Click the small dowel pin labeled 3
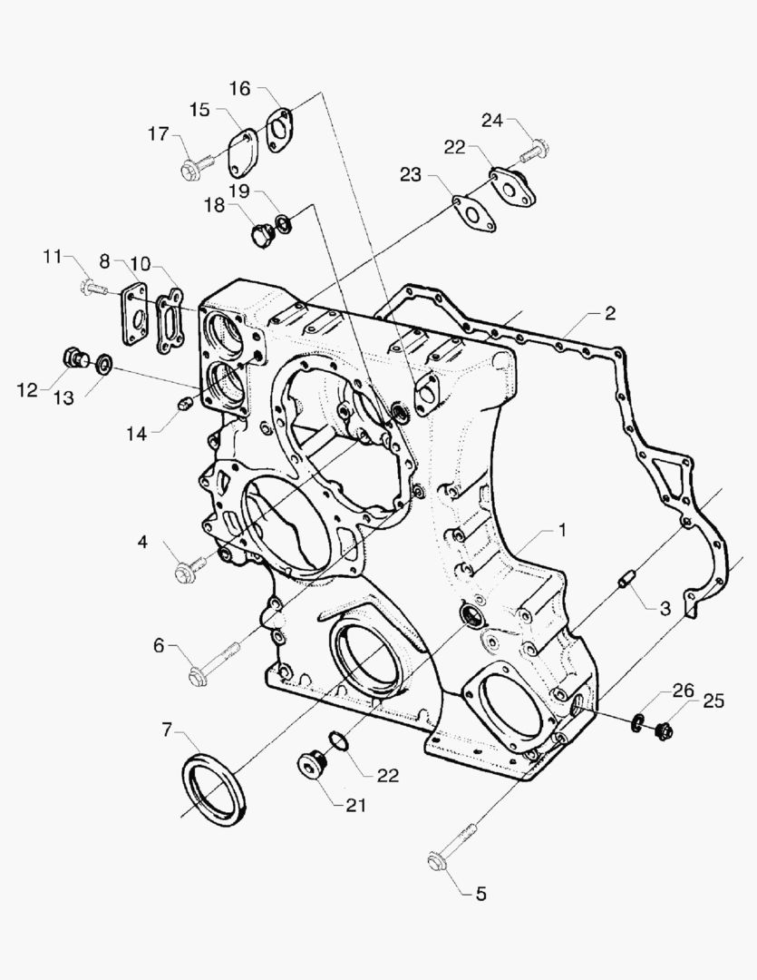pyautogui.click(x=626, y=580)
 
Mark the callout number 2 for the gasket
pyautogui.click(x=610, y=313)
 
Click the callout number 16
pyautogui.click(x=240, y=88)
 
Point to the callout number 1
pyautogui.click(x=562, y=529)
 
